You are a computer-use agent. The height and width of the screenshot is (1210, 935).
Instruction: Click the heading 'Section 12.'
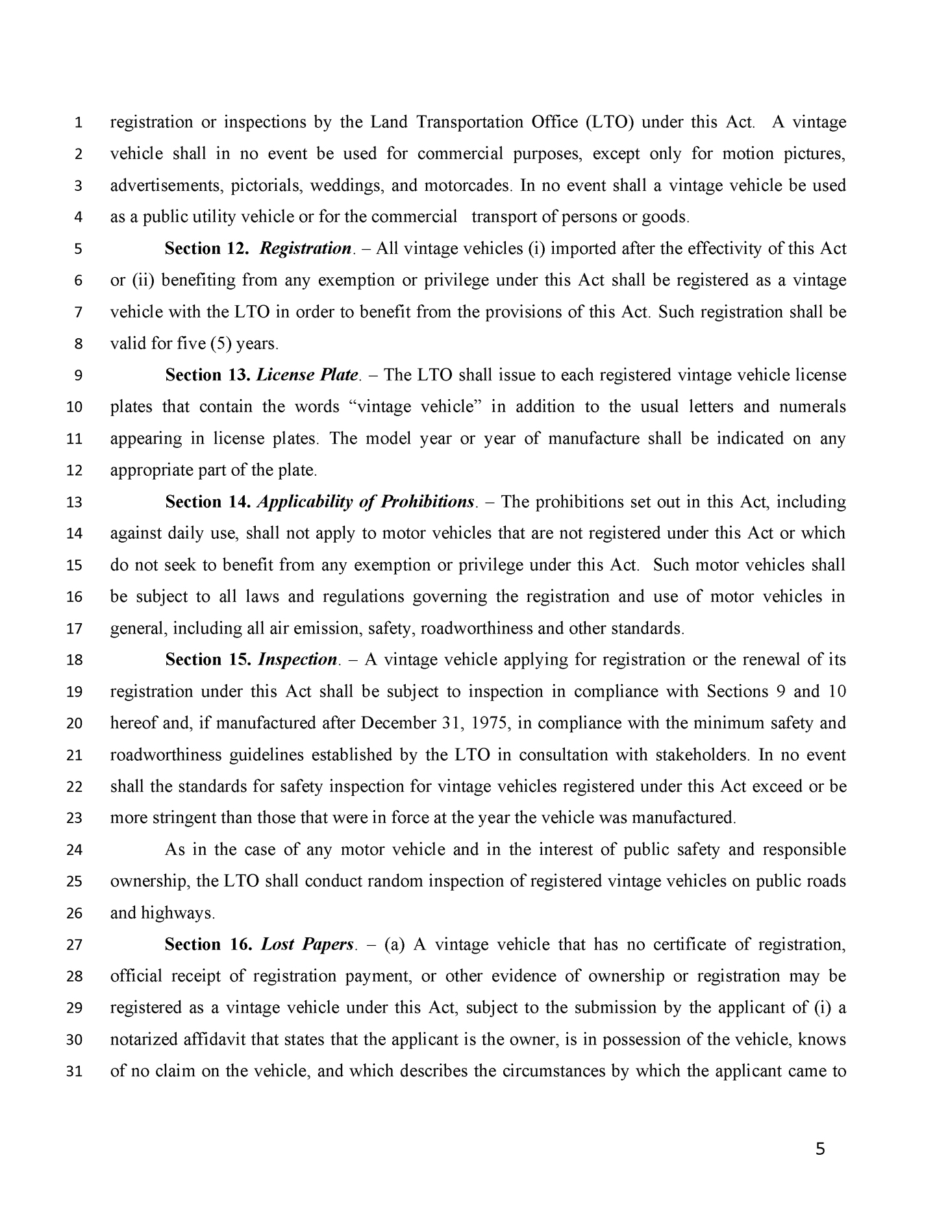pos(206,249)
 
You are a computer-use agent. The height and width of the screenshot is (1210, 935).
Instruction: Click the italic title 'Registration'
pos(305,249)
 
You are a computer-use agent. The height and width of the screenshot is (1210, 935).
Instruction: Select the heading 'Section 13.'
pos(207,375)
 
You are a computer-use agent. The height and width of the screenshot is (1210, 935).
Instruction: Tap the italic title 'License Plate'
pos(308,375)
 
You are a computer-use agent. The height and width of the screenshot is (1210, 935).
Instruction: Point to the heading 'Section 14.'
pos(207,502)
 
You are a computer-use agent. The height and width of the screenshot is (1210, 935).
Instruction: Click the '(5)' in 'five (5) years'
pos(221,343)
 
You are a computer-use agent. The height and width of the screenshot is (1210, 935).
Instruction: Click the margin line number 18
pos(75,660)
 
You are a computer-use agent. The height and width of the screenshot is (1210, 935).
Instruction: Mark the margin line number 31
pos(75,1072)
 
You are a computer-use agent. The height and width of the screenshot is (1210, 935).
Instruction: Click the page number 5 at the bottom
pos(820,1150)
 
